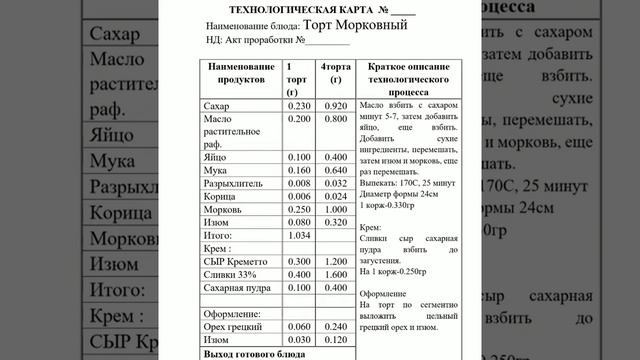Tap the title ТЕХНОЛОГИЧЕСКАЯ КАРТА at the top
[x=300, y=8]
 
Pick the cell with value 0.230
[x=299, y=105]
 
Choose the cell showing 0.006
[x=299, y=196]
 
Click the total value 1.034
[x=299, y=234]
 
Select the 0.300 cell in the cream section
[x=299, y=260]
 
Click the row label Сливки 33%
[x=230, y=273]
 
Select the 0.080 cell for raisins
[x=299, y=222]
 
